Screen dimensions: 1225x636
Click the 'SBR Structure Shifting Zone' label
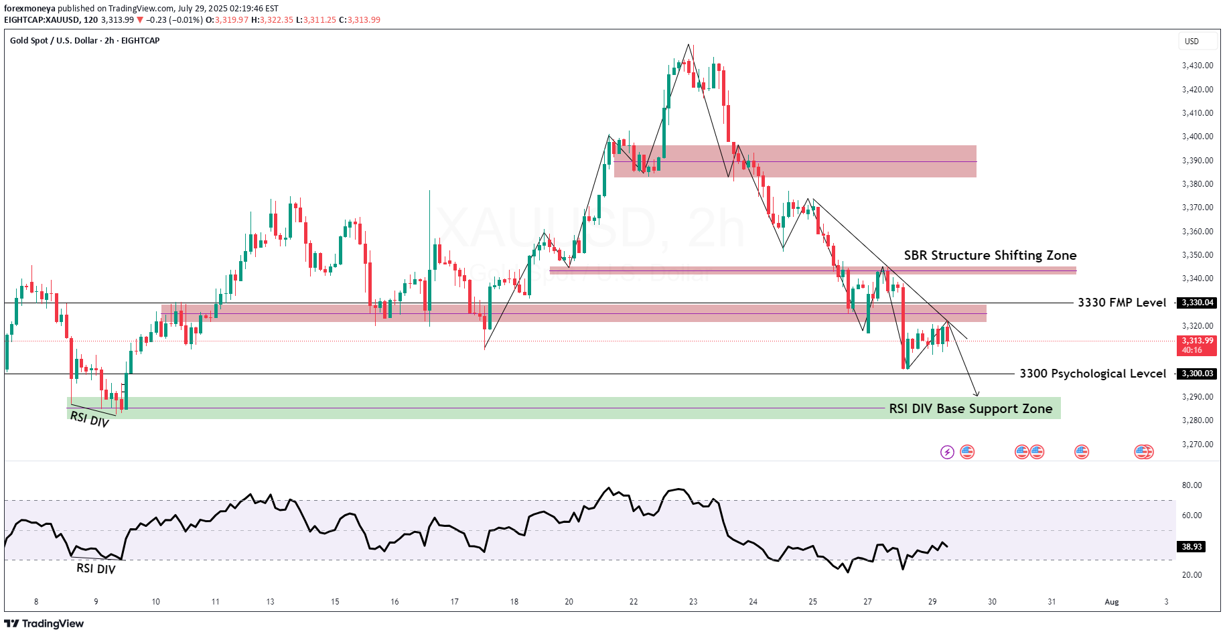(x=990, y=255)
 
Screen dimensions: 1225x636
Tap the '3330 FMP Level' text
(x=1122, y=303)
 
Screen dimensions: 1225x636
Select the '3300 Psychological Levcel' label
(x=1092, y=374)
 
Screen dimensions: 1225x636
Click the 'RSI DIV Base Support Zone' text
(x=970, y=408)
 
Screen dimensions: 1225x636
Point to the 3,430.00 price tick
(x=1197, y=66)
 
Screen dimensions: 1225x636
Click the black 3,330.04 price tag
(x=1197, y=303)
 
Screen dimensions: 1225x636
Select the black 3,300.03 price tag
(x=1197, y=374)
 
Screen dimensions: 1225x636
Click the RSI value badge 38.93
(x=1192, y=547)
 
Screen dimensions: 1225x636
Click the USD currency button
(x=1192, y=42)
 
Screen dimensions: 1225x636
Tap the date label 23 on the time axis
(x=693, y=602)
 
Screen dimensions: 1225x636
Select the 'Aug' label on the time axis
(x=1112, y=602)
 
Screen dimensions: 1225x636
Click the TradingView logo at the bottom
(x=44, y=623)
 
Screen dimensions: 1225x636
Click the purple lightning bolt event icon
(x=947, y=452)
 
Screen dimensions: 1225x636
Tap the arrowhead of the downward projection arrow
(x=977, y=394)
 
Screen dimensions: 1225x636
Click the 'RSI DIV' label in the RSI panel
(x=96, y=569)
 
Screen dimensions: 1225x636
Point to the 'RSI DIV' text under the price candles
(x=89, y=420)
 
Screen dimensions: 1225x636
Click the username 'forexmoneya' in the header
(x=29, y=9)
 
